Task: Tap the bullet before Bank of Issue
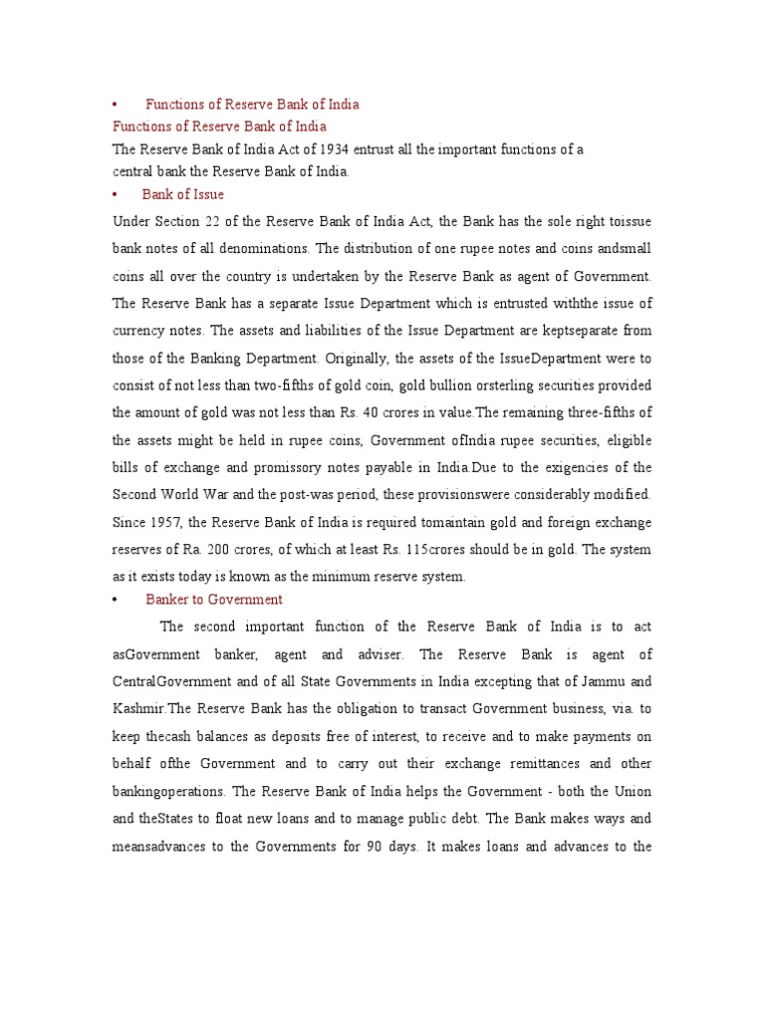tap(117, 195)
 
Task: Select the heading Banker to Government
tap(214, 600)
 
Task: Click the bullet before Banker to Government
tap(117, 600)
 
